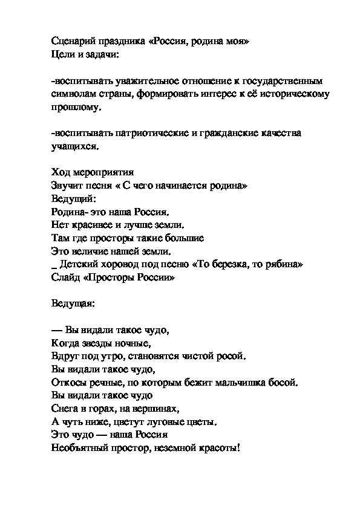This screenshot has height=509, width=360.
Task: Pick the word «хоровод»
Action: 116,264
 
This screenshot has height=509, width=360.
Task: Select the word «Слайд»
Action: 65,277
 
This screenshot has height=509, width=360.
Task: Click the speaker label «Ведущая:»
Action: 73,303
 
